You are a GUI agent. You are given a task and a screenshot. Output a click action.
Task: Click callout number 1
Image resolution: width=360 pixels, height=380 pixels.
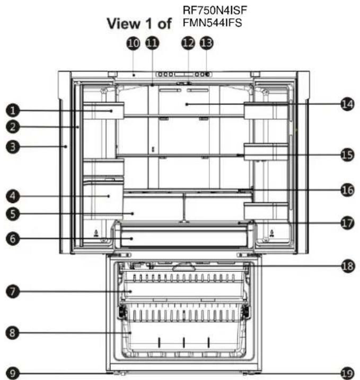click(13, 111)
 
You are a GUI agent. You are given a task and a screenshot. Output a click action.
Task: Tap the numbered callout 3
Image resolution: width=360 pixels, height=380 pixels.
click(13, 147)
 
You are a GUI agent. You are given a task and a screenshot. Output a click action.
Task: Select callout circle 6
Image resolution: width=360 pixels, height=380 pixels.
click(13, 238)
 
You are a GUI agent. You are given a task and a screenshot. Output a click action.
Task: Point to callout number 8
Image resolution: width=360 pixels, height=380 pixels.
click(13, 332)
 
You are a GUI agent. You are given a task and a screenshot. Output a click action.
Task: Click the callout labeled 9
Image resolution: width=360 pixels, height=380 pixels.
click(13, 373)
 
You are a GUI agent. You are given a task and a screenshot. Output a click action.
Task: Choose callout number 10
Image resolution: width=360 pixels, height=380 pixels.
click(133, 43)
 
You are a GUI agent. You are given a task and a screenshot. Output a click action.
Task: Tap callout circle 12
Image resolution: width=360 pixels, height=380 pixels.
click(188, 43)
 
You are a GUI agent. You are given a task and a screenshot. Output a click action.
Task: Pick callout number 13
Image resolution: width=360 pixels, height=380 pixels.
click(207, 43)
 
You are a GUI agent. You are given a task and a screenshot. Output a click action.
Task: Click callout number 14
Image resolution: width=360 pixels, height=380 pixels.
click(347, 104)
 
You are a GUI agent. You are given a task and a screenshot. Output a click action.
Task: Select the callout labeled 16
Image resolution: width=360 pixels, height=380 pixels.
click(347, 190)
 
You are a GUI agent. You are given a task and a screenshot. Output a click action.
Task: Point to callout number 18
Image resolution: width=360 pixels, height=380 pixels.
click(347, 266)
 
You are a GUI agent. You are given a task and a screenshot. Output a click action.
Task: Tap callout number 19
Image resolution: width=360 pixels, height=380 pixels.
click(347, 373)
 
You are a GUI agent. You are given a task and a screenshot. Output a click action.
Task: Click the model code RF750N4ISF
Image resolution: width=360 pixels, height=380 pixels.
click(215, 10)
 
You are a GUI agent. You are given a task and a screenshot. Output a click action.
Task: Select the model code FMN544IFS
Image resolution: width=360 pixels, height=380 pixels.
click(213, 23)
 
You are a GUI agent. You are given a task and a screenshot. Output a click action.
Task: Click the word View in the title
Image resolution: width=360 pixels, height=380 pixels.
click(124, 23)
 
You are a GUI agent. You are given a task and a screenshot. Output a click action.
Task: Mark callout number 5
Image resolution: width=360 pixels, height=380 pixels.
click(13, 214)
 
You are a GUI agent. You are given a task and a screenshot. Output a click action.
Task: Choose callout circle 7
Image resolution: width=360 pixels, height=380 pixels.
click(13, 291)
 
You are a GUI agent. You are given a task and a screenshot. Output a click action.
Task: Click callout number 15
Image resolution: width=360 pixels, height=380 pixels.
click(347, 155)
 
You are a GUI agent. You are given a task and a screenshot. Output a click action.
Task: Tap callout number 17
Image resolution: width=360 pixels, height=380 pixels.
click(347, 223)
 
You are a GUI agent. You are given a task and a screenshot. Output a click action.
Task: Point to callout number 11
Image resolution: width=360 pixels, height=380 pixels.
click(152, 43)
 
